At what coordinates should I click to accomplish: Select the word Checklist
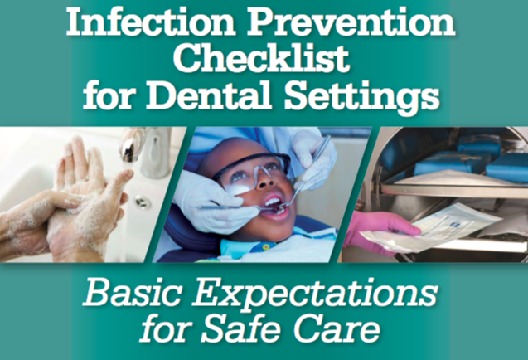click(261, 58)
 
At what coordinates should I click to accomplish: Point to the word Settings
click(362, 96)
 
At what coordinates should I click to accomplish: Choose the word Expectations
click(315, 294)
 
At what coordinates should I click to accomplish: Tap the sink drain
click(143, 202)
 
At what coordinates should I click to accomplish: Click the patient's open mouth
click(275, 207)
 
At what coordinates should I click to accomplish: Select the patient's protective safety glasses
click(254, 171)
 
